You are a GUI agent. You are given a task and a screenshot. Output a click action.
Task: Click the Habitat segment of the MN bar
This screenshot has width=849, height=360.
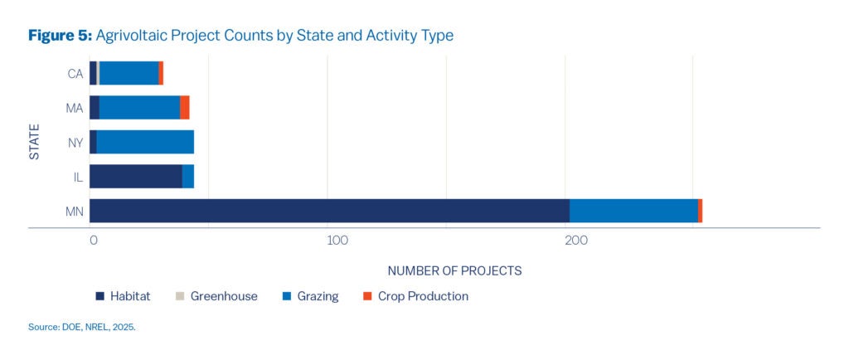coord(329,211)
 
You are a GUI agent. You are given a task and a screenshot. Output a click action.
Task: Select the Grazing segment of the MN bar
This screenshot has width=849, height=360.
coord(633,211)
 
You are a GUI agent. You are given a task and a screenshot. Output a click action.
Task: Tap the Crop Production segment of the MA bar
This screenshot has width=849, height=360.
coord(185,107)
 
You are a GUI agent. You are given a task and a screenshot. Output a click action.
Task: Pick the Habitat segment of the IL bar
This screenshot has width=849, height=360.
coord(136,176)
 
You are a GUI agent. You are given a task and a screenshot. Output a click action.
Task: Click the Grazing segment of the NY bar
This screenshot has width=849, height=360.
coord(145,142)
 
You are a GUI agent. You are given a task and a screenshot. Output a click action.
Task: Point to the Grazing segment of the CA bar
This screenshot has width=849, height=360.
coord(129,73)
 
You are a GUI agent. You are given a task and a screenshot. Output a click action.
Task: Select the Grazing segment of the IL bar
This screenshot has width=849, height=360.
coord(188,176)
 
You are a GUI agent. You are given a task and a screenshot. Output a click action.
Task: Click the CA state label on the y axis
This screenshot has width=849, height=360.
coord(75,74)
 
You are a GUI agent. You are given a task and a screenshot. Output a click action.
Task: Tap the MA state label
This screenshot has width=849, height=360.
coord(75,108)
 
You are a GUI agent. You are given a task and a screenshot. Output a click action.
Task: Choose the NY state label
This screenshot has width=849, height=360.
coord(75,143)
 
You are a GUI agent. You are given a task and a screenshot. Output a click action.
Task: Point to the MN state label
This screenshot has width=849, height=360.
coord(75,212)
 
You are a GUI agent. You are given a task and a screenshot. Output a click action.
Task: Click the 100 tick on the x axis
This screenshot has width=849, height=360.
coord(337,241)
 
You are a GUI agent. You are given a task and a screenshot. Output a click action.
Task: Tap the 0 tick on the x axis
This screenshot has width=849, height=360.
coord(94,241)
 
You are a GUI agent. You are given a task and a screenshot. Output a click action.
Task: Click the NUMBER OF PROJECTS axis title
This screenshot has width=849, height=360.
coord(454,270)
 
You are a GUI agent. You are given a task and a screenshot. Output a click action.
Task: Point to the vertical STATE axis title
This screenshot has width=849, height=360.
coord(35,142)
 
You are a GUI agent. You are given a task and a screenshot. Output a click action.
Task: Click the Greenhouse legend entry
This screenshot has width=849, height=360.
coord(216,296)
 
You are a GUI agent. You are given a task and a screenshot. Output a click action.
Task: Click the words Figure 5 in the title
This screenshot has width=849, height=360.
coord(60,36)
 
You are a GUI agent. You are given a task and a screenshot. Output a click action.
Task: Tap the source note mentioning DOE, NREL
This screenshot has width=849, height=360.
coord(81,328)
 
